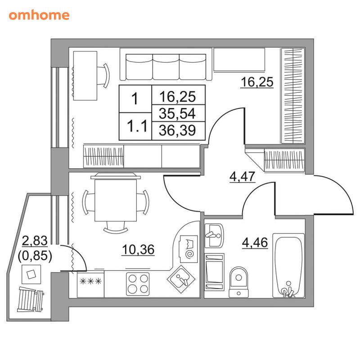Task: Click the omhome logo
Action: coord(39,15)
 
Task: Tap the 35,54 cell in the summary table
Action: coord(178,113)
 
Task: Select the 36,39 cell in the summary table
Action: coord(178,130)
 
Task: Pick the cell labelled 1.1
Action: coord(135,126)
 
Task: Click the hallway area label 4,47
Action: coord(243,176)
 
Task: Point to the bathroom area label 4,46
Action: coord(255,243)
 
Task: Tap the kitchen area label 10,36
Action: coord(138,250)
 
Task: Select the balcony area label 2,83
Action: coord(35,241)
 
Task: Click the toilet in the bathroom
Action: coord(239,282)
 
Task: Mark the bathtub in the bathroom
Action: coord(288,265)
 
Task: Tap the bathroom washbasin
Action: coord(214,235)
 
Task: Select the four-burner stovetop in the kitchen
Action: coord(138,284)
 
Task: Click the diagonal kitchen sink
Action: coord(181,279)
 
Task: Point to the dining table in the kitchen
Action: coord(116,200)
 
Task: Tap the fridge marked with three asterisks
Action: coord(90,284)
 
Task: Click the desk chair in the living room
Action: coord(104,76)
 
